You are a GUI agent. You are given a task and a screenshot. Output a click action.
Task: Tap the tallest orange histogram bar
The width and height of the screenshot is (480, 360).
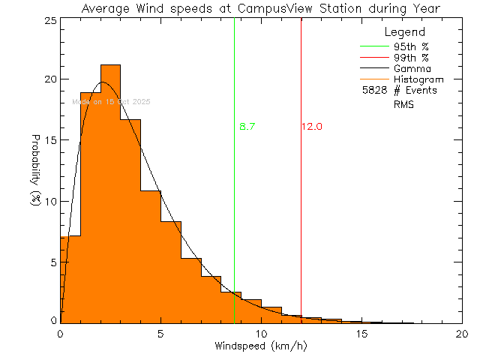110,187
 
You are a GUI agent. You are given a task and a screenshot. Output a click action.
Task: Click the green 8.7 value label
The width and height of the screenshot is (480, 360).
247,127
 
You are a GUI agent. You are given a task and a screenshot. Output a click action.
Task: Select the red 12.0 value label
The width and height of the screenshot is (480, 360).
312,127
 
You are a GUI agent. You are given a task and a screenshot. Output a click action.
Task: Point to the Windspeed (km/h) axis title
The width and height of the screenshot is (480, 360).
261,346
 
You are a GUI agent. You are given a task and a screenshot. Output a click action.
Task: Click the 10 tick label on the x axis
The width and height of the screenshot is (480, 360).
261,334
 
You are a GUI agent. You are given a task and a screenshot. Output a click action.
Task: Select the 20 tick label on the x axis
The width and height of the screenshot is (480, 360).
462,334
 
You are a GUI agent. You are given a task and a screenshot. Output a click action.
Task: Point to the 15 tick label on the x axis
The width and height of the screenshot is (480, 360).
361,334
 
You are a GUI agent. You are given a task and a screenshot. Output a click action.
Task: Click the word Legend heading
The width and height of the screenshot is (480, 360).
404,32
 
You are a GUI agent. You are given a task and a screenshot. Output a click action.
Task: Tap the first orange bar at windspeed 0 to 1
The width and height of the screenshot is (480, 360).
70,277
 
